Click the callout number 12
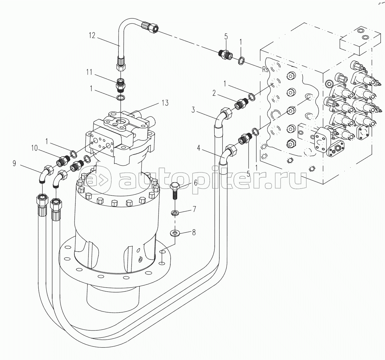[x=92, y=35]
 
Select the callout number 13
[x=165, y=103]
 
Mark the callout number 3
[x=193, y=110]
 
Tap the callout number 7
[x=194, y=209]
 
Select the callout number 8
[x=194, y=232]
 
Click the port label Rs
[x=265, y=70]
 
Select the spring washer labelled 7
[x=175, y=213]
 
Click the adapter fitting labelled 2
[x=242, y=103]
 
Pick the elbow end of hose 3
[x=225, y=114]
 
